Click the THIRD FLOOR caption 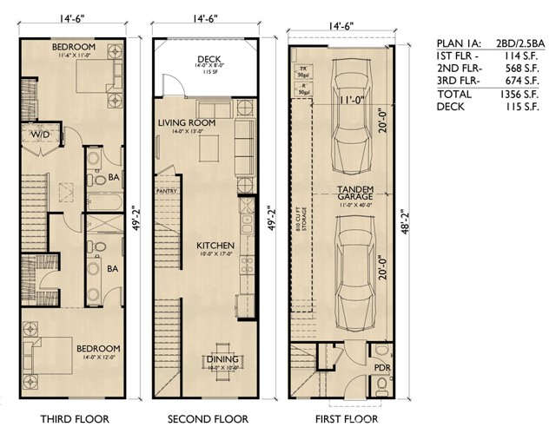[x=75, y=420]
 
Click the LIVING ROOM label [x=186, y=123]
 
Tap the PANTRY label [x=167, y=190]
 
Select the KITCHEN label [x=214, y=246]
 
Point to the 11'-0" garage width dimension [x=353, y=100]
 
